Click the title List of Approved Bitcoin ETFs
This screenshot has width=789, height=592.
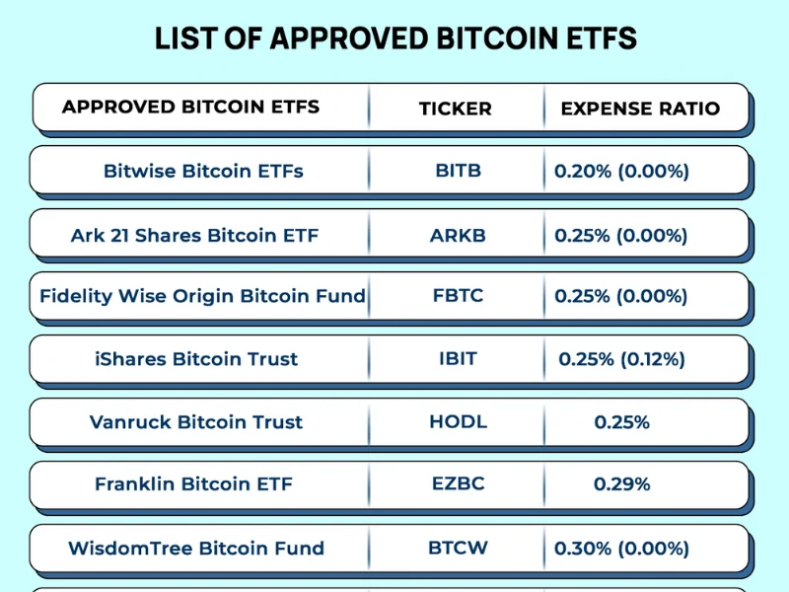[x=395, y=38]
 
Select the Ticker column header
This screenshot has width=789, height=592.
[x=455, y=109]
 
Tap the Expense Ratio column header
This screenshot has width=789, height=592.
[x=640, y=109]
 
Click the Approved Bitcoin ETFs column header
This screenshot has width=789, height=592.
[x=190, y=107]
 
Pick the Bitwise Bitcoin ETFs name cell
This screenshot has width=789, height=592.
[x=203, y=171]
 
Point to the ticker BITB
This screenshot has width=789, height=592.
[x=458, y=171]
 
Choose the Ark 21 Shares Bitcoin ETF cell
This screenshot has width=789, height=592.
[x=194, y=236]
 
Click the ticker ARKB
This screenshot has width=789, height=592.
[x=458, y=236]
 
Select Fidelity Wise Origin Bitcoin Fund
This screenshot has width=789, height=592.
[x=202, y=296]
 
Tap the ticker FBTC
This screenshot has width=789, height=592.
[x=458, y=296]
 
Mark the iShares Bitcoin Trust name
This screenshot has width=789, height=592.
[x=196, y=359]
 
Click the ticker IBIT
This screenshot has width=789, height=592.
[x=458, y=359]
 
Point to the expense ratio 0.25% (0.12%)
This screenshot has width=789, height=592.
[x=621, y=359]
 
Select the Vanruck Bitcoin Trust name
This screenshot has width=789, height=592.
[x=196, y=422]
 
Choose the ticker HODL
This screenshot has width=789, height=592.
[x=458, y=422]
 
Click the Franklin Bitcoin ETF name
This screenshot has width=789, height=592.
[x=193, y=484]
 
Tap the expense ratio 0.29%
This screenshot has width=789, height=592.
[x=621, y=484]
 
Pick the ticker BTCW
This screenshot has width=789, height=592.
[x=458, y=548]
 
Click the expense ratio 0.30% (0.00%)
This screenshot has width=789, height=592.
[x=621, y=549]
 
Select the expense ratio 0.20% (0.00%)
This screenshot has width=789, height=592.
[x=621, y=171]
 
